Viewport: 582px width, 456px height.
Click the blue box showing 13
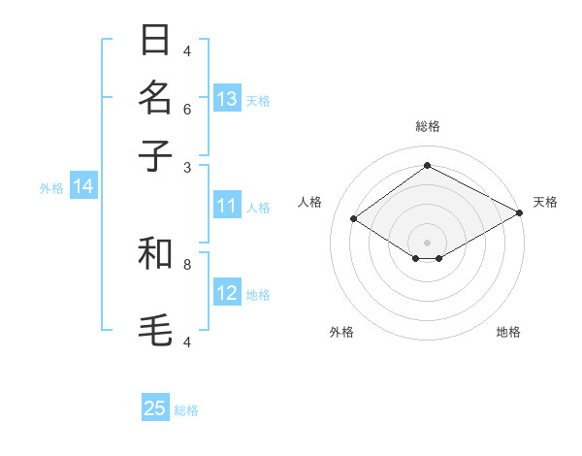click(x=227, y=99)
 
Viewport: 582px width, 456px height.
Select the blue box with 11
click(x=227, y=206)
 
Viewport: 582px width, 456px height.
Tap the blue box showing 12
click(x=227, y=293)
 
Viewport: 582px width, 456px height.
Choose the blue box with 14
click(x=82, y=187)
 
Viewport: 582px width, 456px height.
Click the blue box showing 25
click(x=155, y=408)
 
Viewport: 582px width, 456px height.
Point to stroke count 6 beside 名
click(x=187, y=109)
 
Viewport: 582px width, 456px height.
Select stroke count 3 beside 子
click(x=187, y=167)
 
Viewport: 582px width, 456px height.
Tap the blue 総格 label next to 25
click(x=186, y=410)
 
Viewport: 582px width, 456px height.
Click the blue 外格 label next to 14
click(x=50, y=188)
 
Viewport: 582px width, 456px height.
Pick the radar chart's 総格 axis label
click(x=427, y=126)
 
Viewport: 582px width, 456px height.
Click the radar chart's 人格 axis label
click(x=309, y=202)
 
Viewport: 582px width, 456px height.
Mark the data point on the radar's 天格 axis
click(x=520, y=213)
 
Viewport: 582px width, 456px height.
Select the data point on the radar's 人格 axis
click(x=354, y=219)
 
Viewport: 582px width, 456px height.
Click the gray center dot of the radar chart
click(x=427, y=242)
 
